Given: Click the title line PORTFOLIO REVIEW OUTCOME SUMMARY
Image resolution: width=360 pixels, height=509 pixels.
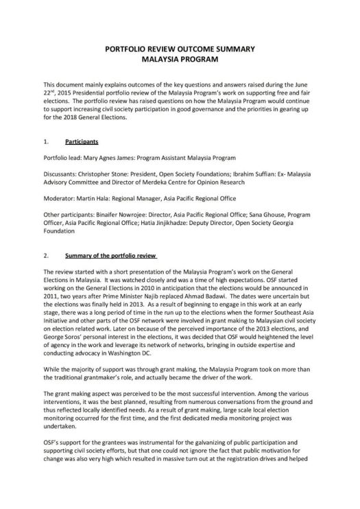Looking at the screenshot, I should [179, 50].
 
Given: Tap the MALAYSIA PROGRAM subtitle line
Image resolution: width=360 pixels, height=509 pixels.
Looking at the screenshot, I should [179, 60].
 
